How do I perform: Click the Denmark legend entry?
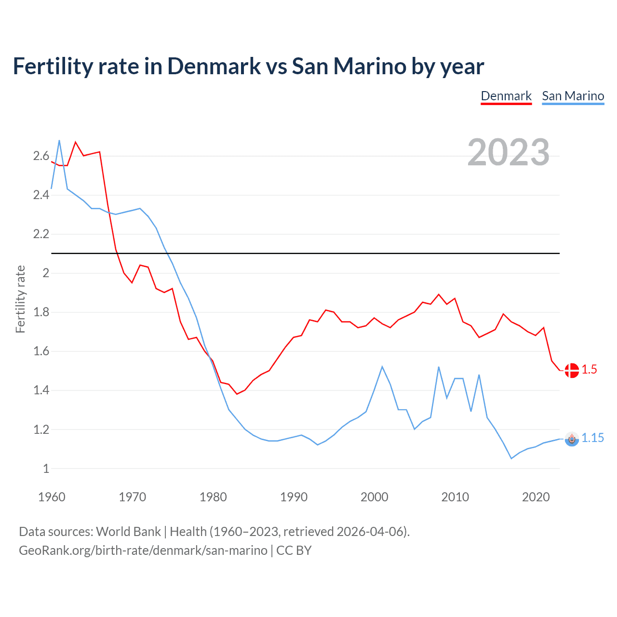[x=506, y=96]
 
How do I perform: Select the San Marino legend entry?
[x=573, y=96]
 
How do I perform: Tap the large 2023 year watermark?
[x=508, y=152]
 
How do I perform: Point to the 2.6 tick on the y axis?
[x=41, y=156]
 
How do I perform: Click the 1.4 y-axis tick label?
[x=41, y=390]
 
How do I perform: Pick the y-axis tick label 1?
[x=46, y=469]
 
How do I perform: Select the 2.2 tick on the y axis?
[x=41, y=234]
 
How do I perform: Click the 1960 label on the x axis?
[x=52, y=497]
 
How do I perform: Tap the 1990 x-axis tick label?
[x=294, y=497]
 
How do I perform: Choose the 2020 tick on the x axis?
[x=536, y=497]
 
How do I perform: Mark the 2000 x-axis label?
[x=374, y=497]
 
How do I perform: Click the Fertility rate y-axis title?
[x=20, y=299]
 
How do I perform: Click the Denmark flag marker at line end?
[x=572, y=370]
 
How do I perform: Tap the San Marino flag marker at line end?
[x=572, y=439]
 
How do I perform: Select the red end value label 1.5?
[x=589, y=369]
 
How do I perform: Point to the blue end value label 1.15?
[x=592, y=438]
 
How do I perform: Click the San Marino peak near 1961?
[x=59, y=141]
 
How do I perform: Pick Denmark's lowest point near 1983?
[x=237, y=394]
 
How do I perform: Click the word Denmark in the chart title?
[x=214, y=66]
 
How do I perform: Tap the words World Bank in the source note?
[x=128, y=532]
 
